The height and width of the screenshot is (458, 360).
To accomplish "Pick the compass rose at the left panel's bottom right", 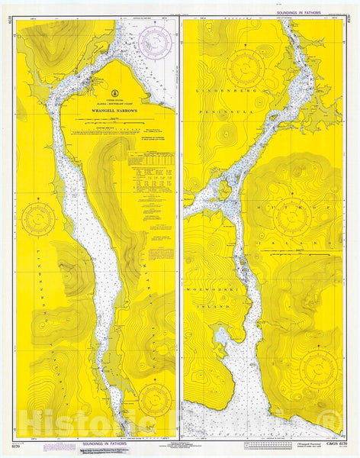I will [155, 397].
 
